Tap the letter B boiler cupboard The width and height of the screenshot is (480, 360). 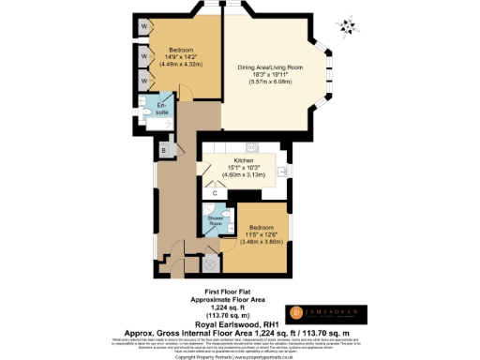click(163, 150)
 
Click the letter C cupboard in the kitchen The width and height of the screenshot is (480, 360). click(216, 194)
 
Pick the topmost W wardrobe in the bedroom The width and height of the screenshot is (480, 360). click(143, 27)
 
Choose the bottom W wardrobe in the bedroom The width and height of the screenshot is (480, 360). click(143, 81)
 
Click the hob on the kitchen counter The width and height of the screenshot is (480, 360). click(252, 147)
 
